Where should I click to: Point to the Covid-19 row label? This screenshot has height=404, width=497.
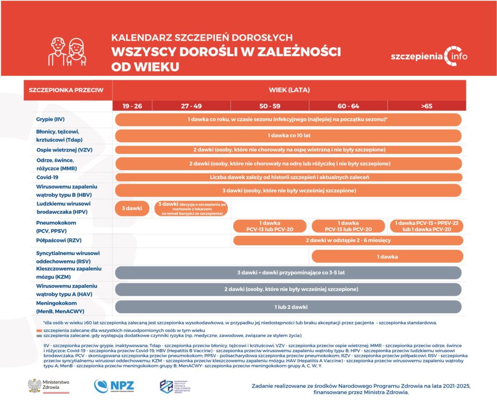pos(48,177)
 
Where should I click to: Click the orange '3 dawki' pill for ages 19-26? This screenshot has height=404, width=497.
pos(132,208)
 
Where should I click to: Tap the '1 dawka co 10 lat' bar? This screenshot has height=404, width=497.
pos(288,136)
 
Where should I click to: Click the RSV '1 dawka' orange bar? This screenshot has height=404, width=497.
pos(386,256)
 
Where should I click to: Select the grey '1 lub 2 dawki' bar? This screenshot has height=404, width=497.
pos(288,307)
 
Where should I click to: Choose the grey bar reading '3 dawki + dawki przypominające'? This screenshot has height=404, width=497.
pos(288,272)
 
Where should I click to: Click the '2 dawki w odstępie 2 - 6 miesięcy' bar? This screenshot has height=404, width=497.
pos(348,240)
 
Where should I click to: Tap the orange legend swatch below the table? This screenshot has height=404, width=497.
pos(39,330)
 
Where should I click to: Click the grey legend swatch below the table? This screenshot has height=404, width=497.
pos(39,336)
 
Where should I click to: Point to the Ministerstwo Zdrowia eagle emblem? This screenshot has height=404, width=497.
pos(34,386)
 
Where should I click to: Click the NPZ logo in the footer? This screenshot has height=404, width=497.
pos(114,386)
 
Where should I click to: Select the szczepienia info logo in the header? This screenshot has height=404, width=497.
pos(429,56)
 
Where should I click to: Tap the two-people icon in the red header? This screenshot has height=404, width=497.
pos(67,51)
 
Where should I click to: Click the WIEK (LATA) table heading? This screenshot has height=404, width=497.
pos(289,90)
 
